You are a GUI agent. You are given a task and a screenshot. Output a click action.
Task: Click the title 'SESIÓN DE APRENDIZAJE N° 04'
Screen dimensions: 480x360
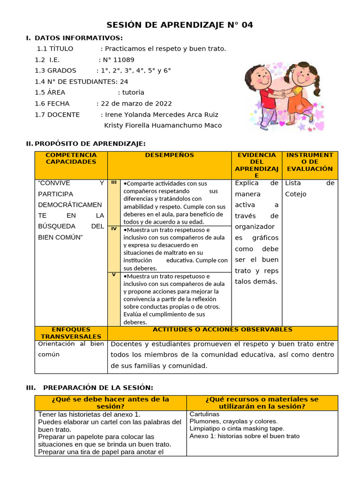click(180, 25)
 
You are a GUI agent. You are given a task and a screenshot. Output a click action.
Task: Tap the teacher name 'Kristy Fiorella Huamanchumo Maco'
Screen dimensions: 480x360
click(163, 125)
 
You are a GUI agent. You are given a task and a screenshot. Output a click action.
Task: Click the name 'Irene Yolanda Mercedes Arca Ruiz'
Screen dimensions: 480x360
click(162, 114)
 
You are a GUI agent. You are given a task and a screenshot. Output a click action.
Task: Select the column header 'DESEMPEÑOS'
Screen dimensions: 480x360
click(169, 155)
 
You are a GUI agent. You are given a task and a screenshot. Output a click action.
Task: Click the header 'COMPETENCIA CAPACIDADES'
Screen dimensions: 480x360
click(71, 158)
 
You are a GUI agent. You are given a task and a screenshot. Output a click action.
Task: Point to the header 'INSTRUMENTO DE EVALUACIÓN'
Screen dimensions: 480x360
click(309, 162)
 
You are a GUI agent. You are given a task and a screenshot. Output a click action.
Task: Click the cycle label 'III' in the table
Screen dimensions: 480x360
click(114, 182)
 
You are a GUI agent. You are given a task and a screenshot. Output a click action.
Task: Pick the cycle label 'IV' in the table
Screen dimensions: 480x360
click(114, 229)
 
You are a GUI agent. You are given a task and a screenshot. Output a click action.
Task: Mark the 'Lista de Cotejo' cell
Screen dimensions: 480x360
click(309, 188)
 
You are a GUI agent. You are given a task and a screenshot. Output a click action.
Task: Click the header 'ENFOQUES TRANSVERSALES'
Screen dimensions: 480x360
click(71, 333)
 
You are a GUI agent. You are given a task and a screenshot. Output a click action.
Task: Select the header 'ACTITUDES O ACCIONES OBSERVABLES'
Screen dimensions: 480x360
click(222, 330)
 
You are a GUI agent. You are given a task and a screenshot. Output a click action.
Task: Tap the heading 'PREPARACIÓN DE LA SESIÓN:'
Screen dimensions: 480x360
click(98, 387)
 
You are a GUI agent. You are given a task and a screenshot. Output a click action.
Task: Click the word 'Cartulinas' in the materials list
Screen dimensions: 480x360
click(204, 414)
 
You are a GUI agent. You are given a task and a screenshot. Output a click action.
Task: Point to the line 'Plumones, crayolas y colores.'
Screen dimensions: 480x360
click(233, 421)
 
